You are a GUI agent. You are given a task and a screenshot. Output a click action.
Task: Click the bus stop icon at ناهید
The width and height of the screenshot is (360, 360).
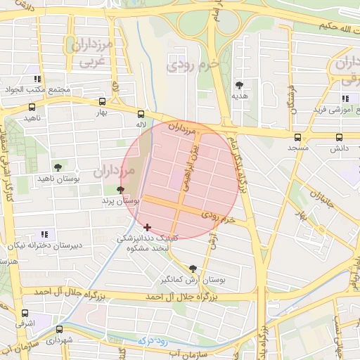click(32, 108)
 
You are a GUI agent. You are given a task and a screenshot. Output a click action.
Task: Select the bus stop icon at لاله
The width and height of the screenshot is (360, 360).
click(141, 114)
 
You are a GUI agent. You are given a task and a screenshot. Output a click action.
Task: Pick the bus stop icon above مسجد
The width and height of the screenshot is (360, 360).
click(297, 138)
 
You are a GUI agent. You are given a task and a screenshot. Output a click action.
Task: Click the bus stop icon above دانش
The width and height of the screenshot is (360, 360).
click(340, 138)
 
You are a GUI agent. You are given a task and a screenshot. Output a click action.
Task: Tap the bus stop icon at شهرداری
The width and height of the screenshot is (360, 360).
click(59, 328)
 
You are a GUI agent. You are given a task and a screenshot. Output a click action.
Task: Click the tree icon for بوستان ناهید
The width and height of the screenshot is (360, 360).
click(58, 167)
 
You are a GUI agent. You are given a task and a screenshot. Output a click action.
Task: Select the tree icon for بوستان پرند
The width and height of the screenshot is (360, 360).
click(120, 190)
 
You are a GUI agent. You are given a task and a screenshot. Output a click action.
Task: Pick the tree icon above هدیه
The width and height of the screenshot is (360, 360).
click(240, 84)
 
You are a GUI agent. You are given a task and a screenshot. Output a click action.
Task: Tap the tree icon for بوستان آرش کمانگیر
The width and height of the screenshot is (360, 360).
click(193, 268)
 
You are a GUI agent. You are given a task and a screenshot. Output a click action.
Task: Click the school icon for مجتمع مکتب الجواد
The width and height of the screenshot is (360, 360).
click(37, 79)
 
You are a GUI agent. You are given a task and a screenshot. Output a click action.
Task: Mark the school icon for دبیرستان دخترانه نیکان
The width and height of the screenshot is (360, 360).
click(44, 233)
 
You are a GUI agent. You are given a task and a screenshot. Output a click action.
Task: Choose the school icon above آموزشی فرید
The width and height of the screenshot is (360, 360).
click(345, 98)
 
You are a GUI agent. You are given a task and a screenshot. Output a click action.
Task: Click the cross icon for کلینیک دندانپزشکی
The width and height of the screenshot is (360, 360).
click(147, 227)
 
